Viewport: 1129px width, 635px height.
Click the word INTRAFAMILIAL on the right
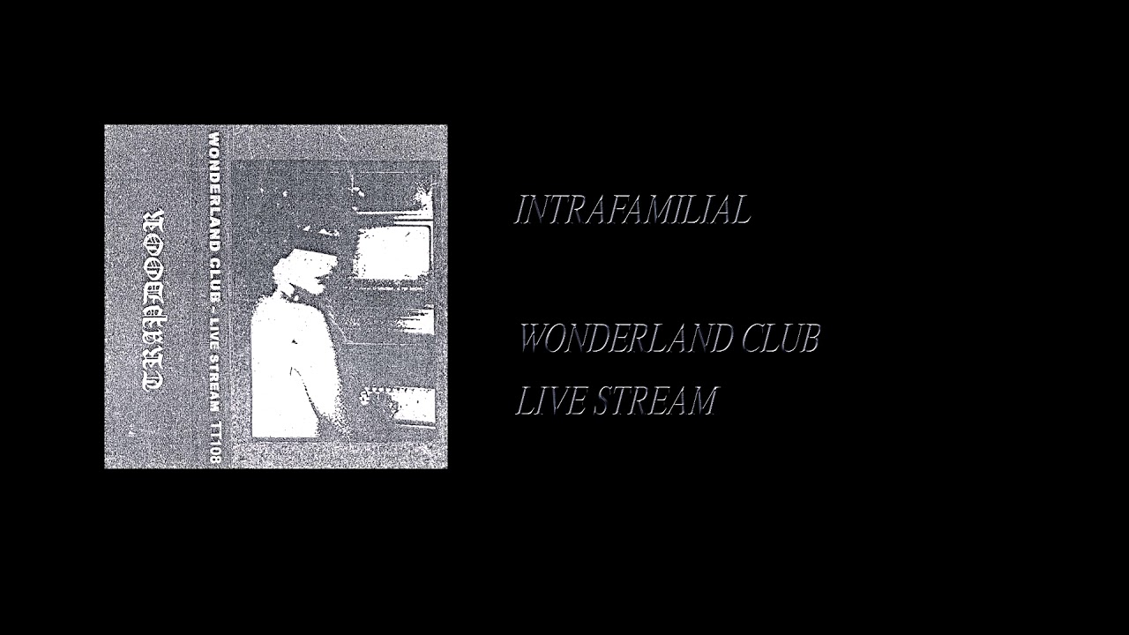tap(632, 210)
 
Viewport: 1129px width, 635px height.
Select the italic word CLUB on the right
tap(781, 339)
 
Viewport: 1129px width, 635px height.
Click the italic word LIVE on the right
tap(550, 400)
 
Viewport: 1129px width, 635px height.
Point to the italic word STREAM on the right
tap(654, 400)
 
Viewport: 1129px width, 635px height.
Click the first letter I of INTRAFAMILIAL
tap(520, 210)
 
